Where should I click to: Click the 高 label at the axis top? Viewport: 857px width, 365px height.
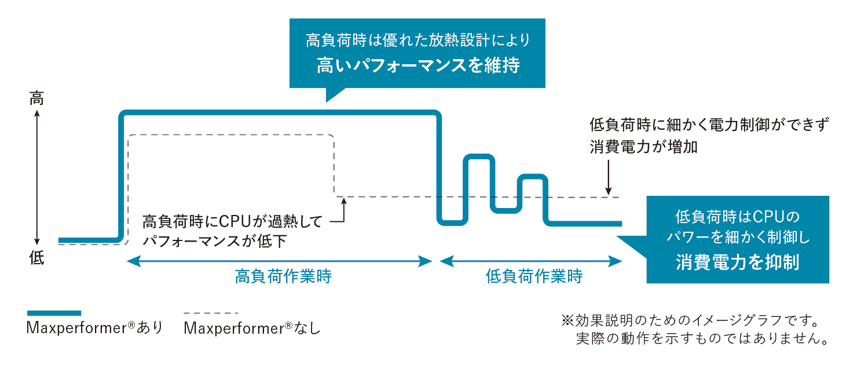pos(36,99)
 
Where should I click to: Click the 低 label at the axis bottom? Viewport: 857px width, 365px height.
pos(36,258)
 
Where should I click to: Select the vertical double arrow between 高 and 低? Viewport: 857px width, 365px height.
pos(36,178)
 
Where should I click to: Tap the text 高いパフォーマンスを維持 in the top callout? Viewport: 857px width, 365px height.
pos(417,65)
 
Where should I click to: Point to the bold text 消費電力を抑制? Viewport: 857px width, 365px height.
pos(737,262)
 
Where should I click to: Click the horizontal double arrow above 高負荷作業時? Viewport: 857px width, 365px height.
pos(279,261)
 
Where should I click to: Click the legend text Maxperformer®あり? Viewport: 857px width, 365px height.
pos(94,328)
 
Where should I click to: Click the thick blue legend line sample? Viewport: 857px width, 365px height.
pos(54,313)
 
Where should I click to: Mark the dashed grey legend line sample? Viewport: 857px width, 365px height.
pos(211,313)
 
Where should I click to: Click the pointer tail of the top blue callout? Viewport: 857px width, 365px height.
pos(334,93)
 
